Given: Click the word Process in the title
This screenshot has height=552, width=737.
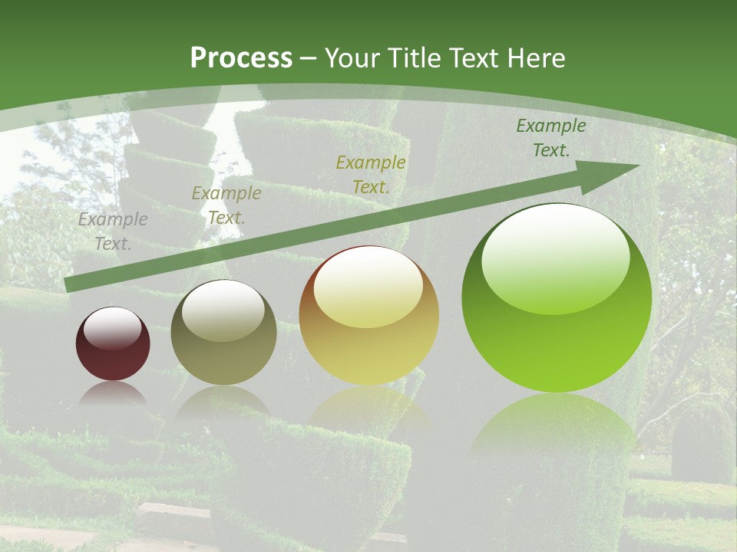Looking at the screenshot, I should click(241, 58).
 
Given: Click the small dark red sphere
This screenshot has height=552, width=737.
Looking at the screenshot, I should click(113, 343).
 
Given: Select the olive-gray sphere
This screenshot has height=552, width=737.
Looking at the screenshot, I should click(223, 332).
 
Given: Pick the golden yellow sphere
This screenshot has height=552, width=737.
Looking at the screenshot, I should click(368, 315).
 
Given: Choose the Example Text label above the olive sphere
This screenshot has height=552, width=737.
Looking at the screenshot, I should click(226, 205).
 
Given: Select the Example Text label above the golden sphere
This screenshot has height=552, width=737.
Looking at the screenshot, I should click(371, 174).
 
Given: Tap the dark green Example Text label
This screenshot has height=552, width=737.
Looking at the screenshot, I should click(550, 138).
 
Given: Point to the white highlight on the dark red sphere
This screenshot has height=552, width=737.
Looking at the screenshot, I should click(113, 327).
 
